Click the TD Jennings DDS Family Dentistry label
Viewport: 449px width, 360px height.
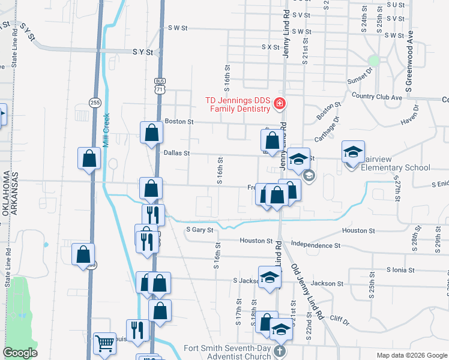pos(238,104)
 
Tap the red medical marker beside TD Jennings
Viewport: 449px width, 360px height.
pos(279,104)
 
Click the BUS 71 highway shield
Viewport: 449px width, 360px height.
pos(159,85)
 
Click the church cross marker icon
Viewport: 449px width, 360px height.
pos(279,351)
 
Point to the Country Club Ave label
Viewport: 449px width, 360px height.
pos(377,97)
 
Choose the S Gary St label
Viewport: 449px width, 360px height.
pos(200,229)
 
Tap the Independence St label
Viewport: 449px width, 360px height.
pos(315,245)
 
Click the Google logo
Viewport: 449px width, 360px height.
pos(20,353)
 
